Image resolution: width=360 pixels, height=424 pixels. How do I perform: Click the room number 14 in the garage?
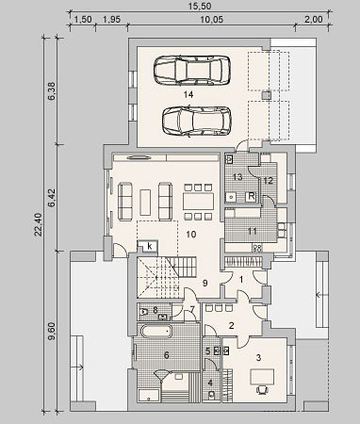point(188,94)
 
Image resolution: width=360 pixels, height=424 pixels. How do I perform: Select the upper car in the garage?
point(192,70)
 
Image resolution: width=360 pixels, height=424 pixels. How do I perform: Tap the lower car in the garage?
point(197,122)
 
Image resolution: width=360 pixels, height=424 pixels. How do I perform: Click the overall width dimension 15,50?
point(200,6)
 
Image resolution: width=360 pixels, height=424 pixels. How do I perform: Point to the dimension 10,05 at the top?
point(212,20)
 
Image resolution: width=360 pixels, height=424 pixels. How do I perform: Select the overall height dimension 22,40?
point(38,224)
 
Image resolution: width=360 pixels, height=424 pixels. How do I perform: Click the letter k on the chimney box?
point(150,246)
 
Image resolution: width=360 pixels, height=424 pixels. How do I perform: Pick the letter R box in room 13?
point(252,196)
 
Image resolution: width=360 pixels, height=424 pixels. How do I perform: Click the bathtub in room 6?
point(156,331)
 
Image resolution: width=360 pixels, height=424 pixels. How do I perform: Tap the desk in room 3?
point(262,377)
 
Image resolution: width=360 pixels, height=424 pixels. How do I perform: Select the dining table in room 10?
point(199,202)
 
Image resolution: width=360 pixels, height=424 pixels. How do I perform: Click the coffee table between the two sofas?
point(145,202)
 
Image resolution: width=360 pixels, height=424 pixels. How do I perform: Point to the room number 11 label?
point(253,232)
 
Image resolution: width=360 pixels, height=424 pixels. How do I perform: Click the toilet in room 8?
point(144,312)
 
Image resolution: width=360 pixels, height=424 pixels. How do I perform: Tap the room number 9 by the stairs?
point(205,283)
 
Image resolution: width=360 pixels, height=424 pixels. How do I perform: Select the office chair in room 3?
point(262,390)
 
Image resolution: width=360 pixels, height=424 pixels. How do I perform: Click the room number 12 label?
point(269,181)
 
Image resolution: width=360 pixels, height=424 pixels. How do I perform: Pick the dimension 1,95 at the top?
point(111,20)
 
